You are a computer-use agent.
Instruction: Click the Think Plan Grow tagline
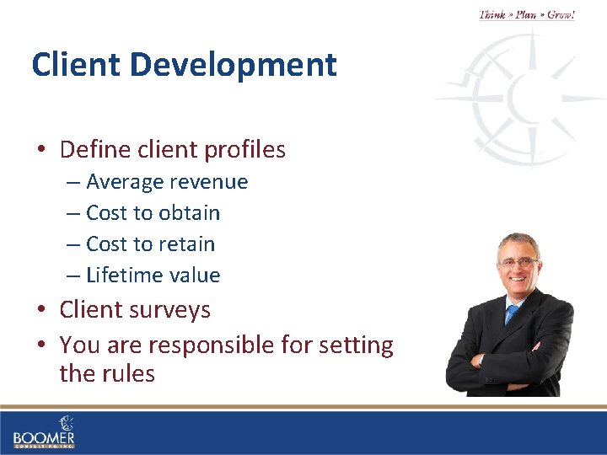(527, 14)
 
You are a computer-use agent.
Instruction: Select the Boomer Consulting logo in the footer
(44, 431)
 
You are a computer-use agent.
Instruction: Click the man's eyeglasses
(518, 263)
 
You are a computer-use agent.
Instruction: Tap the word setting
(358, 345)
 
